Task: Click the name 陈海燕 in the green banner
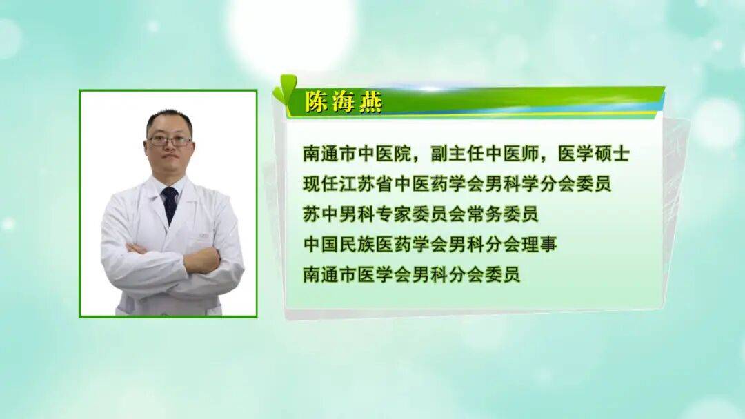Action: point(343,102)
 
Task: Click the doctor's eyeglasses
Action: point(169,141)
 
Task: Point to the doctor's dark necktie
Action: point(169,204)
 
